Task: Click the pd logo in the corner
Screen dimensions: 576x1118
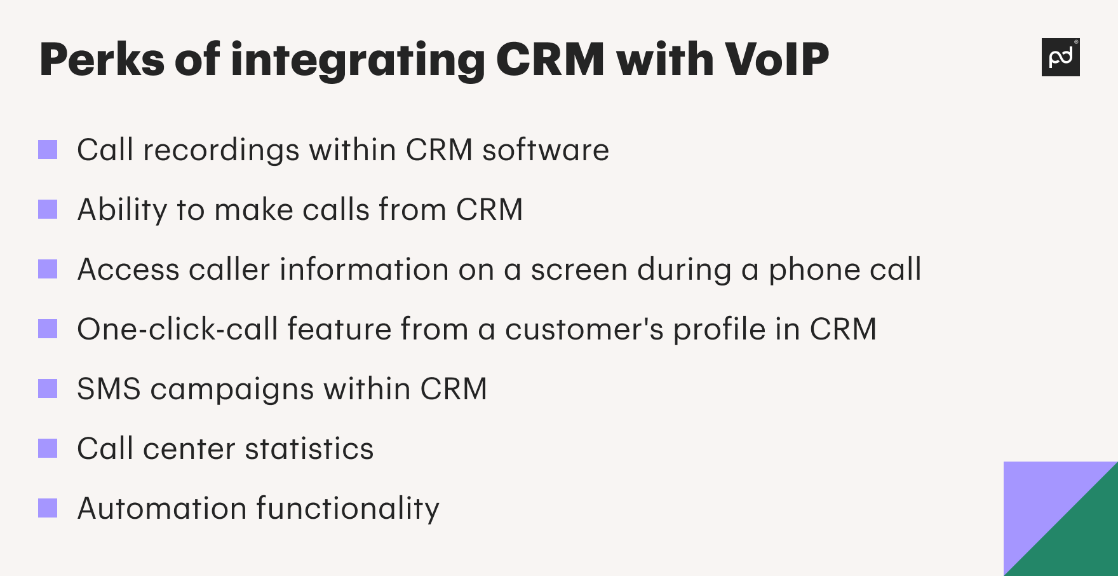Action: coord(1060,57)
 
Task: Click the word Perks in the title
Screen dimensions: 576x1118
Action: coord(102,60)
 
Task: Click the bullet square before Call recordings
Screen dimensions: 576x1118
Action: coord(48,150)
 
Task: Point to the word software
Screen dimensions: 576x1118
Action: coord(545,151)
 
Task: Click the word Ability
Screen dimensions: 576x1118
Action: coord(122,210)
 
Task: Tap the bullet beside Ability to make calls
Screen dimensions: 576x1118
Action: coord(48,210)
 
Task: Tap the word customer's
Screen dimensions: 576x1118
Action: coord(584,330)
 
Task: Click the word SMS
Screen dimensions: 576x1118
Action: coord(109,389)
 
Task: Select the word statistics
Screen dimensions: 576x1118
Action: coord(309,449)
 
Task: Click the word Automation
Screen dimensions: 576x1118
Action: coord(162,509)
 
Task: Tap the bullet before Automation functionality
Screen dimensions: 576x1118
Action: coord(48,509)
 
